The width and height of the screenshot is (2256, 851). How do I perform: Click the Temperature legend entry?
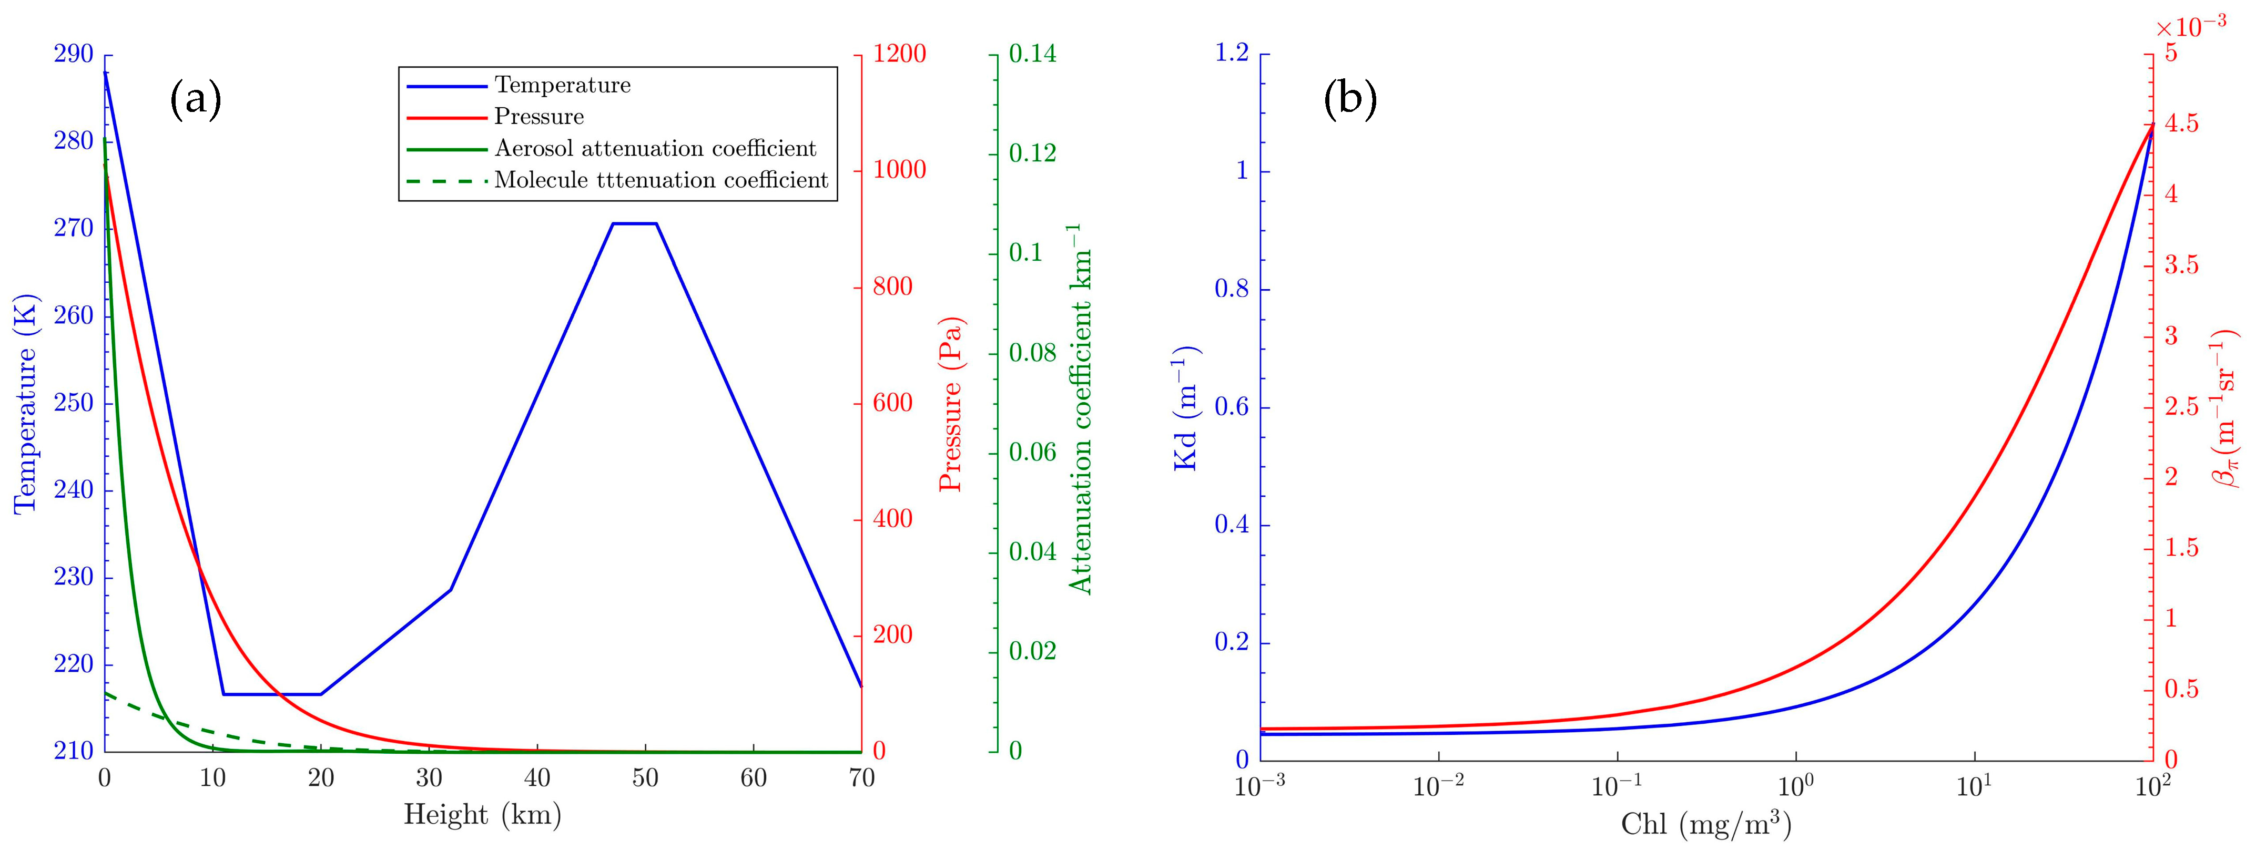click(x=562, y=85)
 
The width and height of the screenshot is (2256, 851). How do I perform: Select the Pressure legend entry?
click(x=538, y=117)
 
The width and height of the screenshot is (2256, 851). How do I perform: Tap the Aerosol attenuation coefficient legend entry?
click(x=655, y=148)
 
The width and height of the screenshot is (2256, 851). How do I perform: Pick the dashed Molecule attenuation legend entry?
click(x=661, y=180)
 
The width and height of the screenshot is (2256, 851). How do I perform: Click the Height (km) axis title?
click(x=483, y=815)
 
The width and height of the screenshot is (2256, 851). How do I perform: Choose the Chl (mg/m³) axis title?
click(x=1705, y=824)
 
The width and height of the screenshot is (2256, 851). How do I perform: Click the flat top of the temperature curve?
click(x=634, y=223)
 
